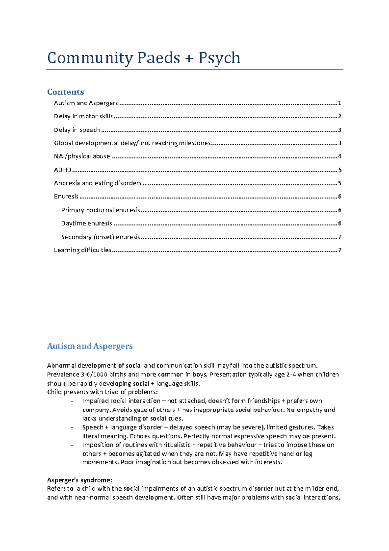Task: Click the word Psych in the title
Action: (219, 58)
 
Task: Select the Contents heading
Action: (65, 92)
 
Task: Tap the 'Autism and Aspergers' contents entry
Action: (86, 103)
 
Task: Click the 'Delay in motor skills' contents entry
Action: (83, 116)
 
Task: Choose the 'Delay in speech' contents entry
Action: (77, 130)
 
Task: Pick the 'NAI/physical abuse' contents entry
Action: (82, 156)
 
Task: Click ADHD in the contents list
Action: (63, 170)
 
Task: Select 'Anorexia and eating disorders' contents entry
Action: (98, 183)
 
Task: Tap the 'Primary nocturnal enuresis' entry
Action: (100, 210)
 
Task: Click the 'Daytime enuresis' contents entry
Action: (87, 223)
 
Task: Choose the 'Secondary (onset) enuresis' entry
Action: (100, 237)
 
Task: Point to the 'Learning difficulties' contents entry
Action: (83, 250)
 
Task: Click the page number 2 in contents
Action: (340, 116)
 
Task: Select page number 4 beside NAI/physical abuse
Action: (340, 156)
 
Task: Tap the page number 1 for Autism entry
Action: (340, 103)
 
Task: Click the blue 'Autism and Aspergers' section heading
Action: (90, 346)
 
